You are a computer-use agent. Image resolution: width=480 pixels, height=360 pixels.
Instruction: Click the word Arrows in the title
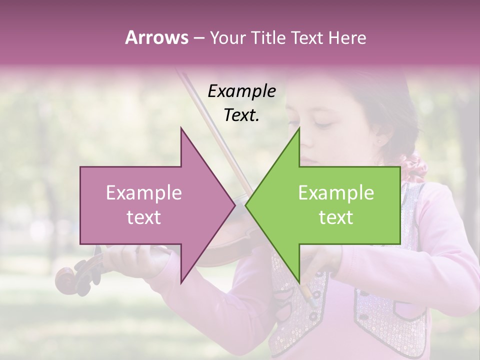coord(156,37)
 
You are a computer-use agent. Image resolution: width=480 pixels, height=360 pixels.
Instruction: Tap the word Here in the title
coord(347,37)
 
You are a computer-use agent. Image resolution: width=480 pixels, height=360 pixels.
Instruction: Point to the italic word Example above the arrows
coord(241,91)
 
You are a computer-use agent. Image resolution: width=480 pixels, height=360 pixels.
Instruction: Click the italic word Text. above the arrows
coord(241,115)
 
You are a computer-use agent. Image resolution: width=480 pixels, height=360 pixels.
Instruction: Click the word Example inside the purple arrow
coord(144,193)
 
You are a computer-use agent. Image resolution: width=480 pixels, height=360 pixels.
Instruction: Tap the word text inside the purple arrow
coord(144,217)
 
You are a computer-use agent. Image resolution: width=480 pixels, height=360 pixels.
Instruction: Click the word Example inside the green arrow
coord(336,193)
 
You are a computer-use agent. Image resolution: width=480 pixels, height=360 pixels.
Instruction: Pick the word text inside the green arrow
coord(336,217)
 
